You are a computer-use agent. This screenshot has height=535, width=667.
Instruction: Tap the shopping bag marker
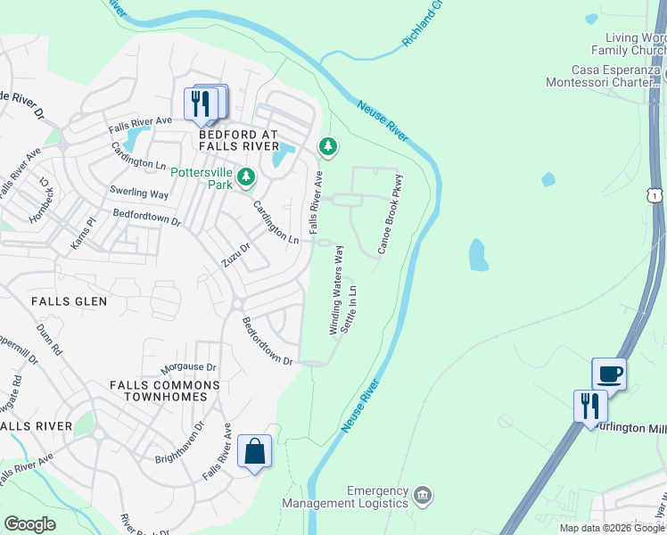(254, 452)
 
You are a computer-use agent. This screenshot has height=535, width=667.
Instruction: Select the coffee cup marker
(609, 374)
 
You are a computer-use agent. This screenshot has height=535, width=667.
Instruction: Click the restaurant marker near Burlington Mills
(590, 406)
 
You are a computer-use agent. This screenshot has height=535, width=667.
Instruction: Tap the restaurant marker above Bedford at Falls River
(202, 103)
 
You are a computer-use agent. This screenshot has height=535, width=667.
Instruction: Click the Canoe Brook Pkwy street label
(391, 214)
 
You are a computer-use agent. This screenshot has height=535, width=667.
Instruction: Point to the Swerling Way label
(138, 193)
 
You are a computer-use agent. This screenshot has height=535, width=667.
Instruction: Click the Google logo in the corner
(29, 524)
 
